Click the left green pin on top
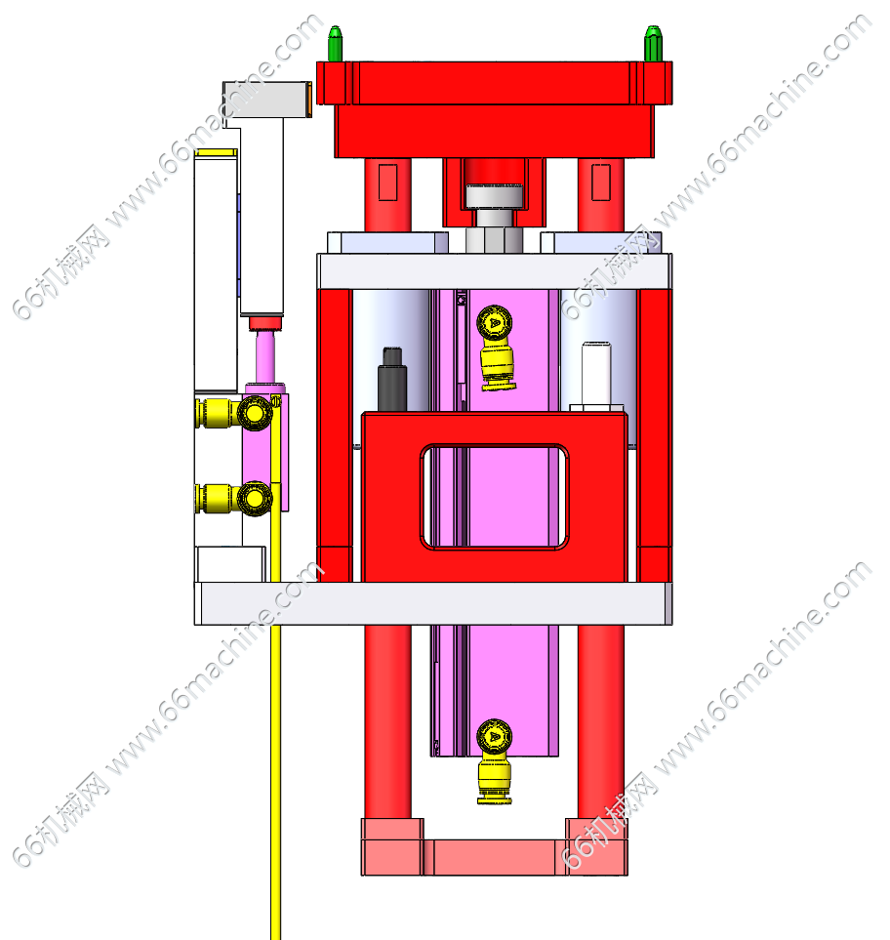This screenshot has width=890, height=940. click(x=335, y=43)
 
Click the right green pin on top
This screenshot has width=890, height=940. click(x=653, y=43)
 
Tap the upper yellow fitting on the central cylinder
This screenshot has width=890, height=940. click(x=496, y=347)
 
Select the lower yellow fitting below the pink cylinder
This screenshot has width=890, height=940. click(x=495, y=760)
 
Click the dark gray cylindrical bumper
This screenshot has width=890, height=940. click(x=392, y=379)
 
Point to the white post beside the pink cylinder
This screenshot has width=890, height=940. click(x=595, y=373)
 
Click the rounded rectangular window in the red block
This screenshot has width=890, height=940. click(x=495, y=497)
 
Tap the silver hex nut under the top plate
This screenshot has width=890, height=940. click(x=494, y=239)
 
